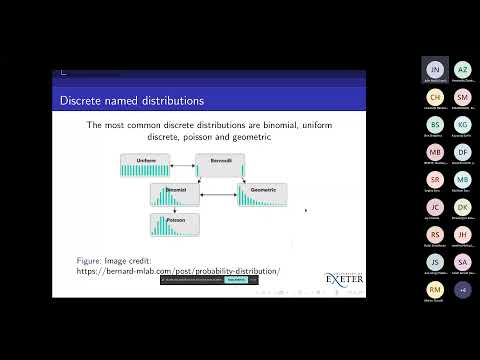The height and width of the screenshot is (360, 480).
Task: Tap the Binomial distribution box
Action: point(174,195)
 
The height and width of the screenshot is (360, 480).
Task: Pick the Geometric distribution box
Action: point(262,195)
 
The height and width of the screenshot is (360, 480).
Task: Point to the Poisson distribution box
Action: point(174,224)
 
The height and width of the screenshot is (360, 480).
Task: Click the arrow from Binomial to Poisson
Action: point(174,210)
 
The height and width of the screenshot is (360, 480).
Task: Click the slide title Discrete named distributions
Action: point(133,100)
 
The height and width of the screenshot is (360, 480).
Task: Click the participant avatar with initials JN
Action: point(435,70)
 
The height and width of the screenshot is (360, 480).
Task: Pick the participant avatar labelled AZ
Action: point(462,70)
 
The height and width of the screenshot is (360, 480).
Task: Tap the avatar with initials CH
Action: point(435,97)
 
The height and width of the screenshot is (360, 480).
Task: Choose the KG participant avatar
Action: point(462,124)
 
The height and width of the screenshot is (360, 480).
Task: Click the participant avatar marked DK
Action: point(462,206)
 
